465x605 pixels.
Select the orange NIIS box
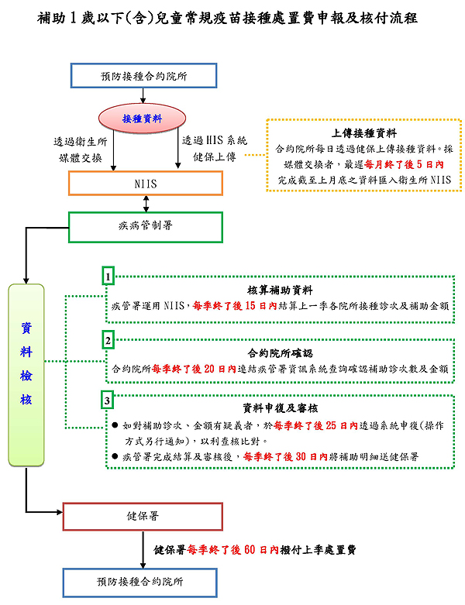click(x=146, y=183)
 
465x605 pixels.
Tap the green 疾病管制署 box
click(x=146, y=226)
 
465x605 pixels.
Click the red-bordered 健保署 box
click(x=143, y=515)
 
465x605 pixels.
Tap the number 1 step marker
click(x=109, y=276)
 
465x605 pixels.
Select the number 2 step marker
click(x=109, y=339)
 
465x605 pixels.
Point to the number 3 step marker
click(x=109, y=400)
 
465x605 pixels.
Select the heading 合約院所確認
click(x=280, y=353)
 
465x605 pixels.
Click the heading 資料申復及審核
click(x=281, y=407)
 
